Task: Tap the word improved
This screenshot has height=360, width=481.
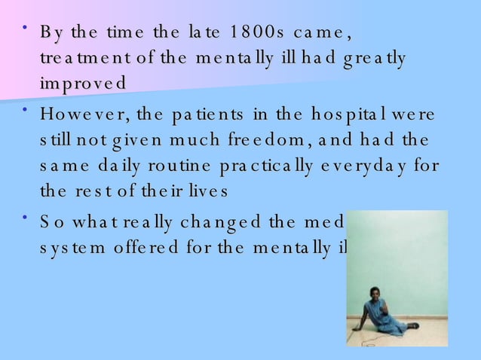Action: pos(84,83)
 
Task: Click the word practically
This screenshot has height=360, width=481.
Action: pos(261,165)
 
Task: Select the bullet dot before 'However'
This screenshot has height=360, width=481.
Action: pos(26,111)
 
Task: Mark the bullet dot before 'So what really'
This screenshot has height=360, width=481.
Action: pos(26,218)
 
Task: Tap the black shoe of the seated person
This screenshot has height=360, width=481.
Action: pos(412,326)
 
